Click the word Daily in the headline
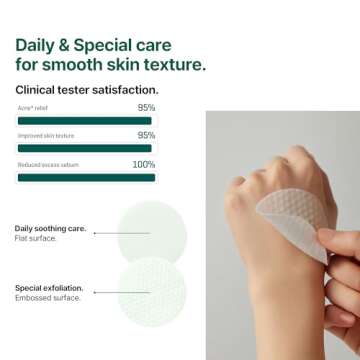[x=37, y=45]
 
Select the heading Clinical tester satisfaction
[x=85, y=90]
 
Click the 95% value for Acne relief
[x=146, y=106]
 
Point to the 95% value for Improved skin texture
[x=146, y=135]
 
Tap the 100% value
[x=144, y=164]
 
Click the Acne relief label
[x=32, y=107]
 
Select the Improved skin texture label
[x=45, y=136]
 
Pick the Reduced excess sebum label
[x=48, y=165]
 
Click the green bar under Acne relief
[x=86, y=120]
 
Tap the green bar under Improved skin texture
[x=86, y=148]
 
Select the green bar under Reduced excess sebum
[x=86, y=177]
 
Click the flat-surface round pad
[x=152, y=233]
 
